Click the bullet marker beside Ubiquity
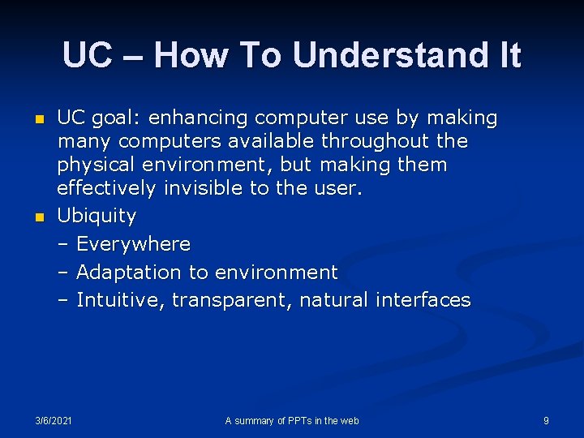click(37, 217)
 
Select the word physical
click(95, 165)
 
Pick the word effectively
click(105, 189)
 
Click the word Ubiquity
click(97, 217)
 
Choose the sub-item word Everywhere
click(134, 244)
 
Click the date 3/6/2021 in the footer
click(54, 420)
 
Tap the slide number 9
click(546, 420)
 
